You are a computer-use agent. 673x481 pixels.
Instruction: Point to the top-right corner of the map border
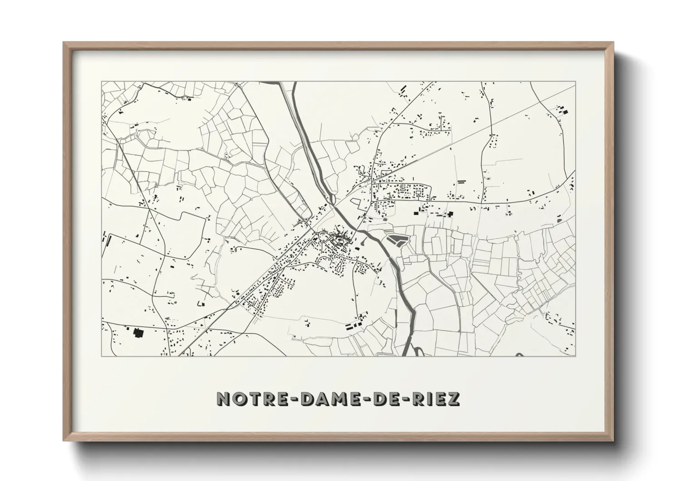tap(575, 82)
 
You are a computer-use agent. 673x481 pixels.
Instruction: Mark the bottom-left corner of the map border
tap(102, 356)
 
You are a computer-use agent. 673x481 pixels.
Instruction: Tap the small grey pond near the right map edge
tap(558, 220)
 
